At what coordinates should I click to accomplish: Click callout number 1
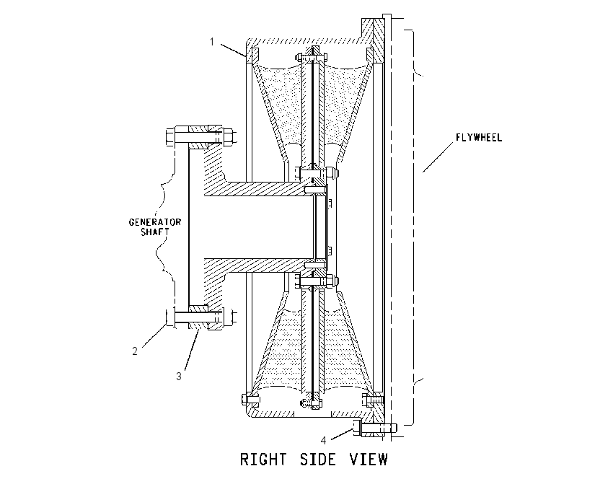(212, 41)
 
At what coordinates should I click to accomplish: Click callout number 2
(135, 351)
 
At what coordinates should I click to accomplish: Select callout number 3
(179, 376)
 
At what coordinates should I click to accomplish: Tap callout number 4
(323, 440)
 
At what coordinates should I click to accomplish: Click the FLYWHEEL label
(479, 138)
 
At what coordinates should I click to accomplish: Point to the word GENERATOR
(155, 222)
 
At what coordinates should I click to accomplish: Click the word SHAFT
(155, 232)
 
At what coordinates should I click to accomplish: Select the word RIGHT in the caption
(263, 459)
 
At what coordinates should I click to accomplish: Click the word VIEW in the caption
(369, 459)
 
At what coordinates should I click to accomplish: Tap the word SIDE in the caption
(318, 459)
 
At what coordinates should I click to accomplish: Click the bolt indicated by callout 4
(374, 429)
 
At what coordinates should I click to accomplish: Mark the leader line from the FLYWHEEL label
(438, 157)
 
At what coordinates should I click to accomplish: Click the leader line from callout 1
(234, 50)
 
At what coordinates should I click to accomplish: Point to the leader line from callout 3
(192, 349)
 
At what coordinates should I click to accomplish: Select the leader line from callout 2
(154, 335)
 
